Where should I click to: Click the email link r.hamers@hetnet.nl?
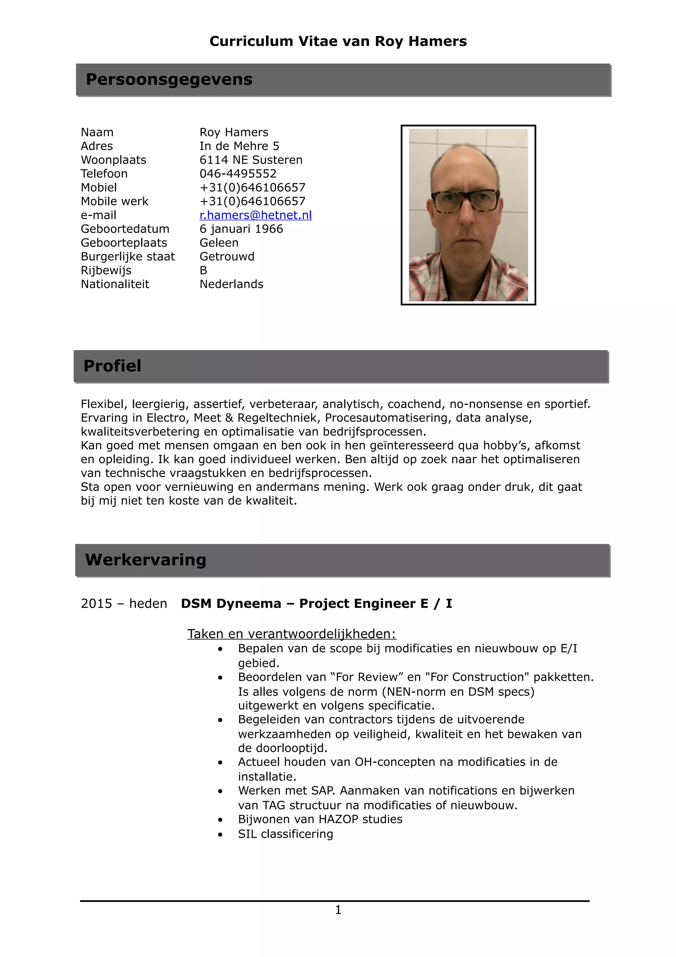pyautogui.click(x=255, y=215)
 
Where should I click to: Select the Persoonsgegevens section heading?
pyautogui.click(x=169, y=79)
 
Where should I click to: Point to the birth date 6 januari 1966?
pyautogui.click(x=241, y=229)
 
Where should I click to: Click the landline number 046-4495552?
pyautogui.click(x=238, y=173)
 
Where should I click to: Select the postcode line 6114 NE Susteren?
pyautogui.click(x=251, y=159)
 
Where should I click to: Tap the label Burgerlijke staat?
pyautogui.click(x=127, y=256)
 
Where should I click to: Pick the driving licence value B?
pyautogui.click(x=203, y=270)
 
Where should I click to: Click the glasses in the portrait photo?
pyautogui.click(x=465, y=201)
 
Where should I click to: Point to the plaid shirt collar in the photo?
pyautogui.click(x=433, y=267)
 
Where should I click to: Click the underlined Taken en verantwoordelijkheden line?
pyautogui.click(x=291, y=634)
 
